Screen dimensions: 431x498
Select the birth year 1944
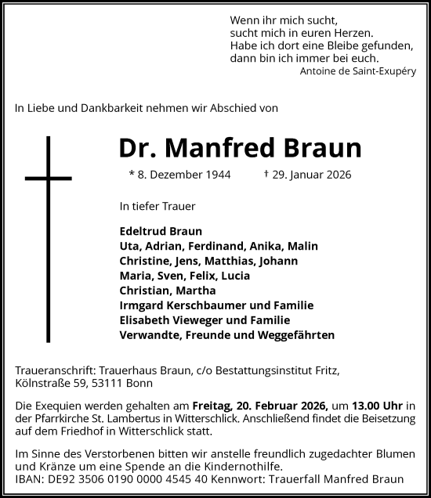(x=216, y=175)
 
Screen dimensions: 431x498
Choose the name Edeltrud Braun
(x=161, y=231)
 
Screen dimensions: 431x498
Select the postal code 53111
(x=110, y=384)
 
